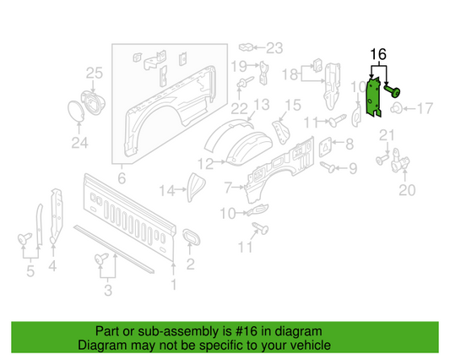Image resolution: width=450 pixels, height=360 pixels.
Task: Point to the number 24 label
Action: (79, 143)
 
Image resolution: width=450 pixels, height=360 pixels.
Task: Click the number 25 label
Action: (94, 74)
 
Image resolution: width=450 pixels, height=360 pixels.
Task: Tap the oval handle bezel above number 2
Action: (190, 236)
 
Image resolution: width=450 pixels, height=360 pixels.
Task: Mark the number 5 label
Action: (30, 271)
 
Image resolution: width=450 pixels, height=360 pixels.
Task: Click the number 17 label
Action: (424, 108)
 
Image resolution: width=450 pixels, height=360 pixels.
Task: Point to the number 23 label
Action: (275, 46)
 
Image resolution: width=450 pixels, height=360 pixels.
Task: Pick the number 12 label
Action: (204, 162)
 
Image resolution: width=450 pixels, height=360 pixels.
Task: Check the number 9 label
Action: (353, 169)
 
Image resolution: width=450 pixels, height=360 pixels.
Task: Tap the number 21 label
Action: (386, 136)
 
